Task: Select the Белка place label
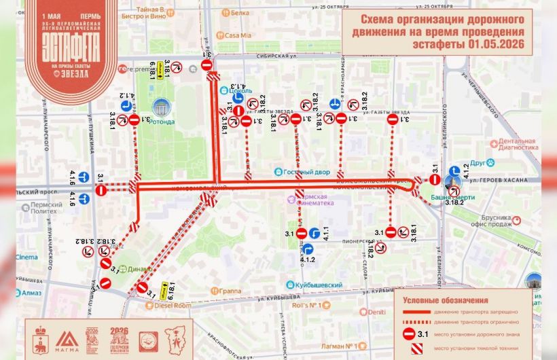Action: coord(239,12)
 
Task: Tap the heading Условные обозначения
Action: coord(445,300)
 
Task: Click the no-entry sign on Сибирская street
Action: coord(208,65)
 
